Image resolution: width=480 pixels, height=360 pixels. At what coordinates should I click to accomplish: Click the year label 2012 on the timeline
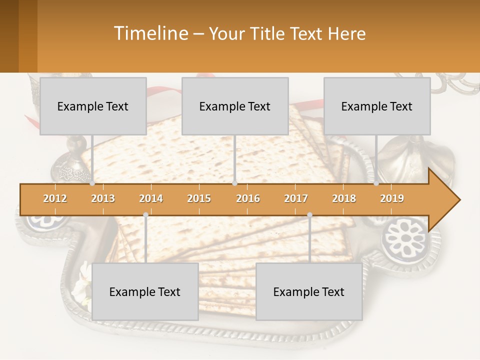(55, 198)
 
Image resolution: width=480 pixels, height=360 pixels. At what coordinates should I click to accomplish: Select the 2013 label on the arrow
(103, 198)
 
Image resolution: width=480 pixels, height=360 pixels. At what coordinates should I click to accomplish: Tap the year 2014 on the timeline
(151, 198)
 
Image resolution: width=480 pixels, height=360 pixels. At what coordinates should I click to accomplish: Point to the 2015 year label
(199, 198)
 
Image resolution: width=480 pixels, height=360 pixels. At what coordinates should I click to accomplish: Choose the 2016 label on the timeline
(248, 198)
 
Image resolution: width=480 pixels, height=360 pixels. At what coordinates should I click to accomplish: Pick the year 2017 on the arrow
(296, 198)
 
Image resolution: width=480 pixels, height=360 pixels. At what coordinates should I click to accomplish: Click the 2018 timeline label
(344, 198)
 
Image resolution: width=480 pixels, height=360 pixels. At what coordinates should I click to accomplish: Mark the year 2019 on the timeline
(392, 198)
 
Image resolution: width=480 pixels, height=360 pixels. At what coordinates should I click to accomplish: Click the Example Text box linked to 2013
(93, 106)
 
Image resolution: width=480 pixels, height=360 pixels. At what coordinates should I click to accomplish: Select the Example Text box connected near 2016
(235, 106)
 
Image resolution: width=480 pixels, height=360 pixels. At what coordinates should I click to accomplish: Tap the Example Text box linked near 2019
(377, 106)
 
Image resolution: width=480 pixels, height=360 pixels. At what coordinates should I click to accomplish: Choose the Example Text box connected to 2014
(145, 291)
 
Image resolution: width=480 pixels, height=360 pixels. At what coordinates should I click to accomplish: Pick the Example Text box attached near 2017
(309, 291)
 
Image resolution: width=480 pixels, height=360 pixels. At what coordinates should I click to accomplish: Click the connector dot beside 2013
(92, 183)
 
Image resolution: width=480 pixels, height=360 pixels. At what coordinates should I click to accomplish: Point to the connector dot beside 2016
(234, 183)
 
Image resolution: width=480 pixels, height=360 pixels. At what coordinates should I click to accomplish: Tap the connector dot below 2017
(309, 215)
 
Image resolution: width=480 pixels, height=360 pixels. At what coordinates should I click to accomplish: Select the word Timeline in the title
(150, 33)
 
